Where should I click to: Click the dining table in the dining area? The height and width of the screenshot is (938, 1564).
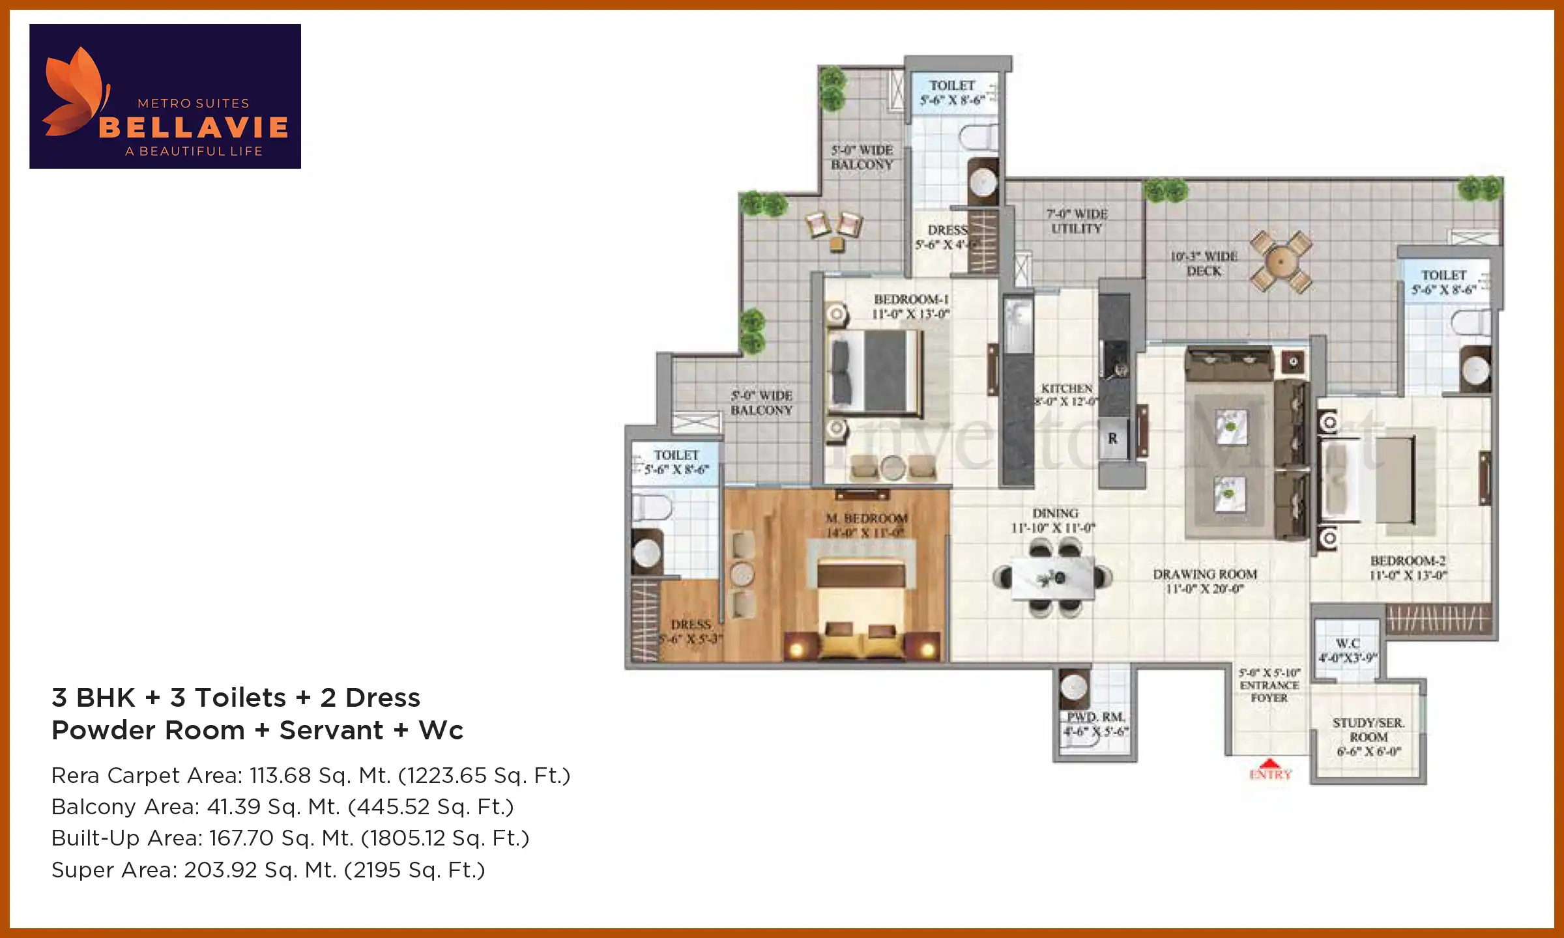pos(1052,577)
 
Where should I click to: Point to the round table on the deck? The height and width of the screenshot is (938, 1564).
pos(1281,262)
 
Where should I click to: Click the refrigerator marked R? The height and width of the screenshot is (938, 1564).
pos(1113,438)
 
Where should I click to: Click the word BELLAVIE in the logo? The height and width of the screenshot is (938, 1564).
pos(194,127)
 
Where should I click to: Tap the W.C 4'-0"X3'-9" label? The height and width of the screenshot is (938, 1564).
pos(1347,650)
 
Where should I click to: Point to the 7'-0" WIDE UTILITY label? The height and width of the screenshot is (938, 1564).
pos(1077,221)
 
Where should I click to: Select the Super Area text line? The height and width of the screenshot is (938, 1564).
pos(268,870)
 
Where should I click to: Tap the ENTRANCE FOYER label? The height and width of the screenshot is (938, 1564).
pos(1269,685)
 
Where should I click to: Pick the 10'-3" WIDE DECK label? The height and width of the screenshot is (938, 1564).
pos(1204,263)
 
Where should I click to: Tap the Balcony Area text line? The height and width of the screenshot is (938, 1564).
pos(282,806)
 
